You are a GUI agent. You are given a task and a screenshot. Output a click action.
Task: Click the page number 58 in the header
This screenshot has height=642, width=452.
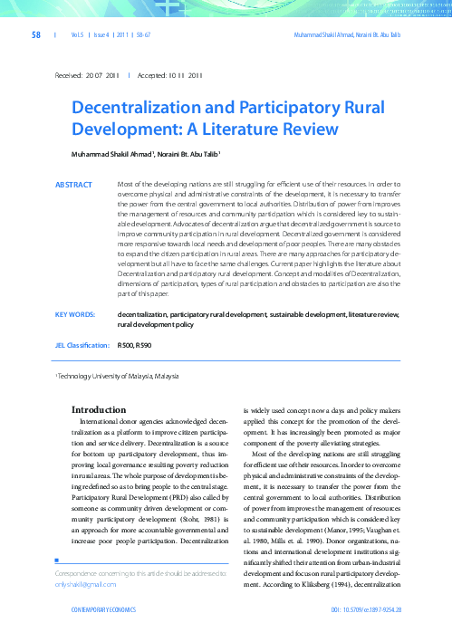coord(36,34)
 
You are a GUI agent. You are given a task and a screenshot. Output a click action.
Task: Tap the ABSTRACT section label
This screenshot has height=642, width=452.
coord(73,185)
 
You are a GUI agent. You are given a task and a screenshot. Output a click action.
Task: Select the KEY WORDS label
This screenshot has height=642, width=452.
coord(75,313)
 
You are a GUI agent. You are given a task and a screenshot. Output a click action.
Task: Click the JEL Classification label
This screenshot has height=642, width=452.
coord(81,346)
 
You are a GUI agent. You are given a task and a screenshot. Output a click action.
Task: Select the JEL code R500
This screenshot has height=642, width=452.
coord(126,346)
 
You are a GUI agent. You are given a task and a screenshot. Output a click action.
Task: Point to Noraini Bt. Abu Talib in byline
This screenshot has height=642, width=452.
coord(193,154)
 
